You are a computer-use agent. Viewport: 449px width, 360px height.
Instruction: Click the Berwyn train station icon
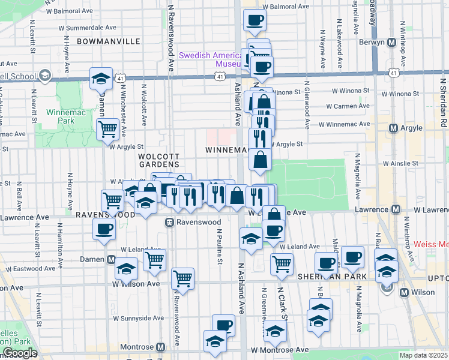(391, 43)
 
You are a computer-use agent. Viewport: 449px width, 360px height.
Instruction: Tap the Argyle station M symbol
(394, 128)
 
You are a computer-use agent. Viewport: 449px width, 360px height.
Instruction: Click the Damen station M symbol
(111, 260)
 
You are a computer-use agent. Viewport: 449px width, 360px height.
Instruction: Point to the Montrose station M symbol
(160, 347)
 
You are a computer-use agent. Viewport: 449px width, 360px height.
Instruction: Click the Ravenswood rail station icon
(170, 223)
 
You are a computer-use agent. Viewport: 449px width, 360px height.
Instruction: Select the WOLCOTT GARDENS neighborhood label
(158, 160)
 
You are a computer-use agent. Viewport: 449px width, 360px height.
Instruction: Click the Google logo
(19, 353)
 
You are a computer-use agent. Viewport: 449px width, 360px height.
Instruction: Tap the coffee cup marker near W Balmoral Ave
(255, 20)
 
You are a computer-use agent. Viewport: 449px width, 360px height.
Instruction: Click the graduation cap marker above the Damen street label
(101, 79)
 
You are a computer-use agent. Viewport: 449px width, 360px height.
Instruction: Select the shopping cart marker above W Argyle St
(107, 129)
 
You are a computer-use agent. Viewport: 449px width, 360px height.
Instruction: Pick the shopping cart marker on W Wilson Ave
(182, 278)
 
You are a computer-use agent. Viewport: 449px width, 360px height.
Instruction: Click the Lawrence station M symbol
(396, 209)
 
